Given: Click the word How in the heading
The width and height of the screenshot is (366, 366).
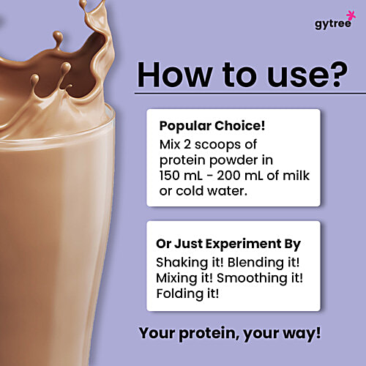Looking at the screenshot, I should (176, 73).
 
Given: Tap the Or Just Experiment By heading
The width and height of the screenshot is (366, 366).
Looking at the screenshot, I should (228, 244).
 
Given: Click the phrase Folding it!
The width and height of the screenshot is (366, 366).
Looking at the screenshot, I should (187, 295).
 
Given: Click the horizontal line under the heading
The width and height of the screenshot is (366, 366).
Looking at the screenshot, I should (249, 93).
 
